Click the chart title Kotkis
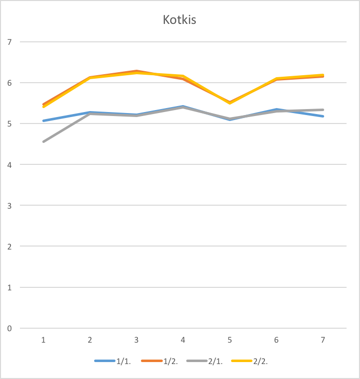pos(180,20)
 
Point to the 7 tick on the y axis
pos(8,42)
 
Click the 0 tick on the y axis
pos(8,328)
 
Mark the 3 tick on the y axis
pos(8,205)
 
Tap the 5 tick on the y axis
pos(8,124)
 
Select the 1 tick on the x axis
pos(43,340)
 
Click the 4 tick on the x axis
pos(183,340)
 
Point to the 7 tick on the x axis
pos(323,340)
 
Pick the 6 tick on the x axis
pos(276,340)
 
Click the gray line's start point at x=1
pos(43,142)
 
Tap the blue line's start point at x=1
pos(43,121)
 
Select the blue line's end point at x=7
pos(323,116)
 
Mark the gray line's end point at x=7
pos(323,110)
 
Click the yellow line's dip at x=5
pos(230,103)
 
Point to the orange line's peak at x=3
pos(136,71)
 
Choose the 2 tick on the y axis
pos(8,246)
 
